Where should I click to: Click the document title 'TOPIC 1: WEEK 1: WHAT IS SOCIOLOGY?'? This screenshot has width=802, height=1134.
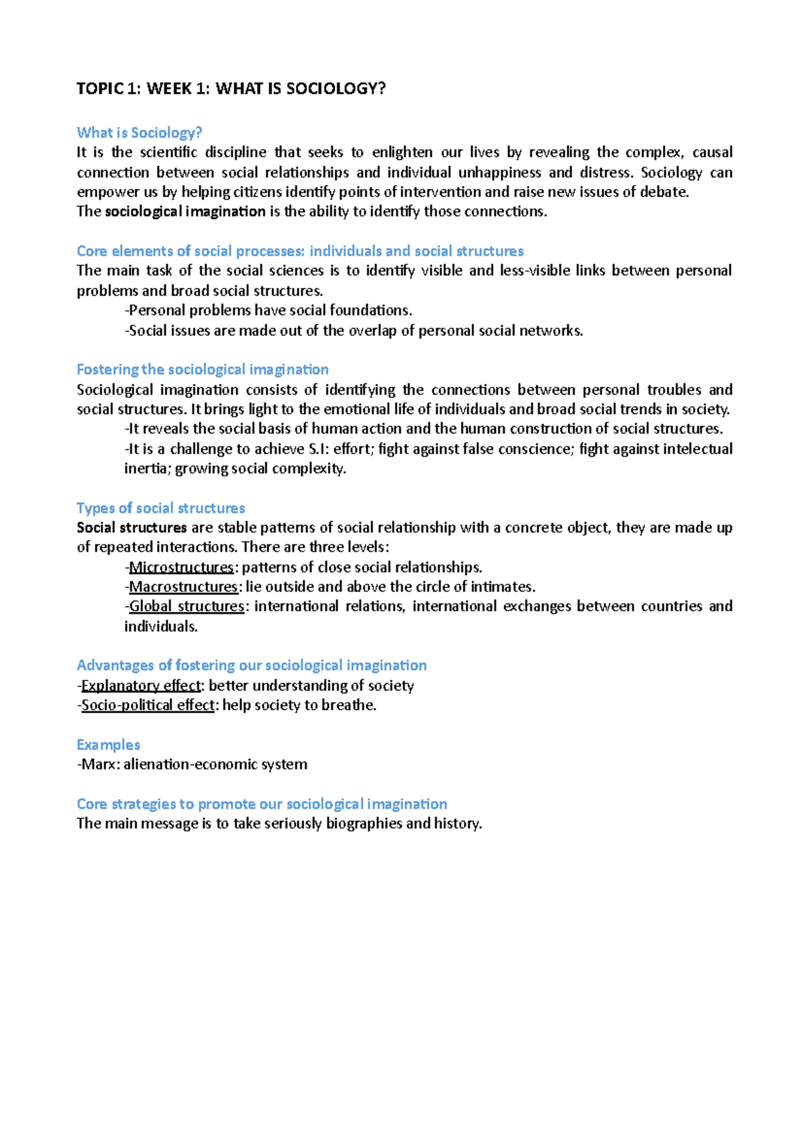pos(231,89)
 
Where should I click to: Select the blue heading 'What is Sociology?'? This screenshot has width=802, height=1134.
pos(139,132)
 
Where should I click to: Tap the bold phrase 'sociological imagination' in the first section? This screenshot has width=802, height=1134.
pos(185,212)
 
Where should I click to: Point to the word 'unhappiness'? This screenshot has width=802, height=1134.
pos(499,172)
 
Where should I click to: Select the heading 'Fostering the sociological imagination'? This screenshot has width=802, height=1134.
pos(203,369)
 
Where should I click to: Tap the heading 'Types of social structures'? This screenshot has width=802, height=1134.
pos(160,508)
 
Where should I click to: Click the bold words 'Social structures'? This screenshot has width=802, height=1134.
pos(132,528)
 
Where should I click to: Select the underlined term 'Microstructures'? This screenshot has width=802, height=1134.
pos(181,568)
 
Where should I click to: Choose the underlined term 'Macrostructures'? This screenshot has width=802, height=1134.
pos(183,587)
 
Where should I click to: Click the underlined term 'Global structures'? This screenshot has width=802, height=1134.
pos(186,606)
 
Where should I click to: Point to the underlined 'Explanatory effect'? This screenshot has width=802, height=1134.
pos(140,686)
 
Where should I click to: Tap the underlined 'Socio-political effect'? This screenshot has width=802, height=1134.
pos(148,705)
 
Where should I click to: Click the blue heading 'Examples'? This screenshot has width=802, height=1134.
pos(108,745)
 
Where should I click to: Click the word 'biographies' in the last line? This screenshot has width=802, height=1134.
pos(364,823)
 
